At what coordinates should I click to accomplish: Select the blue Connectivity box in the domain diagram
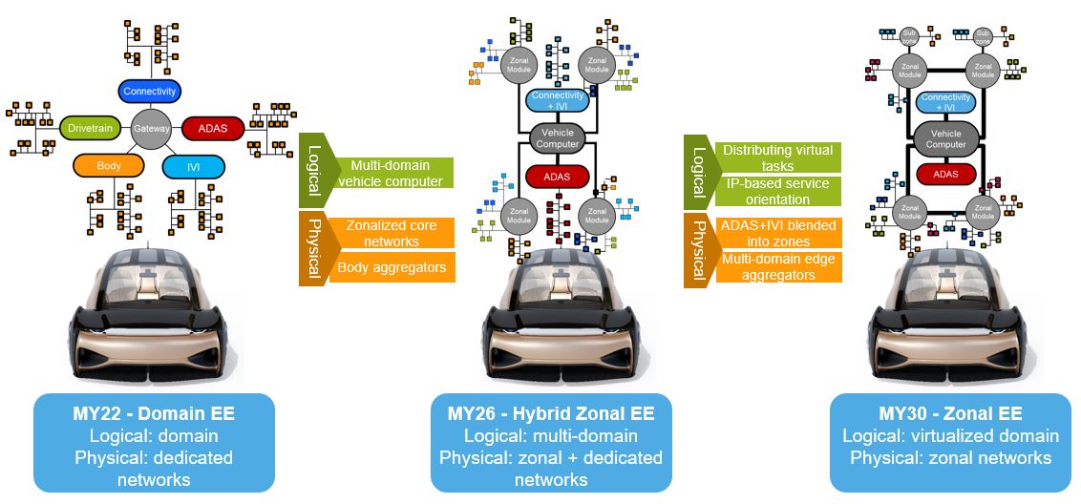coord(150,92)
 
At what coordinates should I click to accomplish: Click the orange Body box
coord(109,166)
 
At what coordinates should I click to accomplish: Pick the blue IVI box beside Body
coord(193,168)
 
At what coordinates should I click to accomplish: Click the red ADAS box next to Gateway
coord(212,128)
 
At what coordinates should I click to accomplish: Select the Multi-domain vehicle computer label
coord(390,173)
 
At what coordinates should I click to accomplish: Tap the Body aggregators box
coord(392,267)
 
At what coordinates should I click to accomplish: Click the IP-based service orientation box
coord(777,192)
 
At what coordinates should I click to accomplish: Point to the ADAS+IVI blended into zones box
coord(777,234)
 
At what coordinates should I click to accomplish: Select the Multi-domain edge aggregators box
coord(777,267)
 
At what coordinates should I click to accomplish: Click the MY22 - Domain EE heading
coord(153,414)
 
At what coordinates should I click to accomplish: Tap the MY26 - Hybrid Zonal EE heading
coord(551,414)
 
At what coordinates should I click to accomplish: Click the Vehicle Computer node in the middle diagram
coord(558,137)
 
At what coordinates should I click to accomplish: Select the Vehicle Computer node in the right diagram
coord(945,138)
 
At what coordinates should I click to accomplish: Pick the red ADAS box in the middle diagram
coord(558,177)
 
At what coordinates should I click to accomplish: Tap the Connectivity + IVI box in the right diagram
coord(945,102)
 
